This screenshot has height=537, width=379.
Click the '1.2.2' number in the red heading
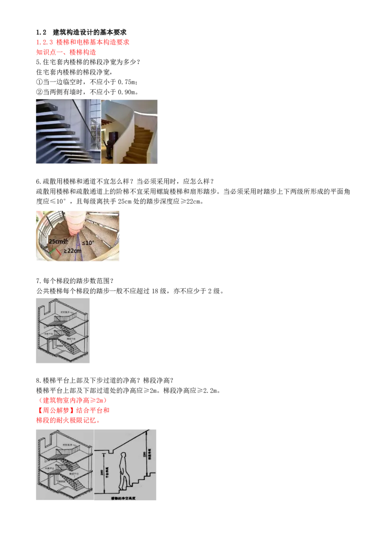tap(43, 42)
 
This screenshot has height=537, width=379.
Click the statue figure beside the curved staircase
tap(108, 145)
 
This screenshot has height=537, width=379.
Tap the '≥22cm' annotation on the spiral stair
tap(72, 250)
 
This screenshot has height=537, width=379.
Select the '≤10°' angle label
tap(88, 242)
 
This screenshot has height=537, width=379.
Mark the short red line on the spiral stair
tap(58, 251)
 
